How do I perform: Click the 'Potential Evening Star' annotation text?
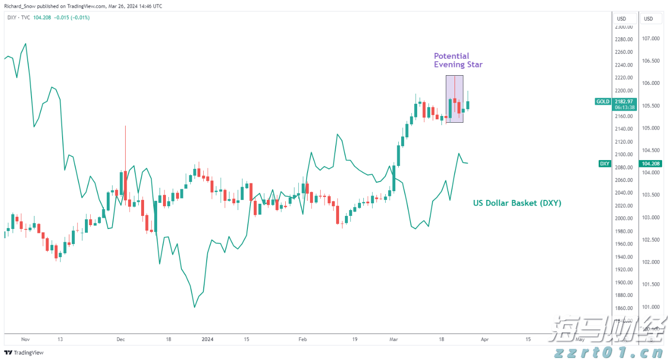pyautogui.click(x=458, y=60)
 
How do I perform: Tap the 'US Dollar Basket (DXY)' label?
pyautogui.click(x=517, y=203)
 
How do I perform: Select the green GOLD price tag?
pyautogui.click(x=603, y=101)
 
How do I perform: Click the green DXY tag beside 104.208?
pyautogui.click(x=604, y=164)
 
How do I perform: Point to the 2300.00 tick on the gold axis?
pyautogui.click(x=624, y=27)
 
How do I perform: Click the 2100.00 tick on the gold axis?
pyautogui.click(x=624, y=155)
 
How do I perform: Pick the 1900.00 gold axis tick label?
pyautogui.click(x=624, y=283)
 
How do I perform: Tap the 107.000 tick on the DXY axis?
pyautogui.click(x=651, y=39)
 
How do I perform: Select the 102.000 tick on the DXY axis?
pyautogui.click(x=651, y=262)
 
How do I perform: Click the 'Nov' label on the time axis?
pyautogui.click(x=26, y=340)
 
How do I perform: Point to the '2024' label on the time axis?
pyautogui.click(x=207, y=340)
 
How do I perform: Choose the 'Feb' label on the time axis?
pyautogui.click(x=303, y=340)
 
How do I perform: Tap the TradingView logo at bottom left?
pyautogui.click(x=24, y=353)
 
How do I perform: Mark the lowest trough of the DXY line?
pyautogui.click(x=195, y=307)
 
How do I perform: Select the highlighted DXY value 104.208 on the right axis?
pyautogui.click(x=651, y=164)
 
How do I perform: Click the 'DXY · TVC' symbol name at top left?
pyautogui.click(x=18, y=18)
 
